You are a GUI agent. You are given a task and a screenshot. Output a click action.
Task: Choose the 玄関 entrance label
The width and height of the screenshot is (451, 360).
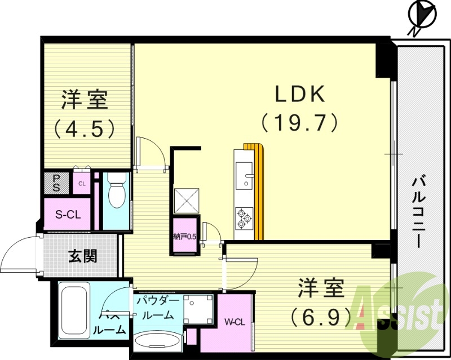click(x=83, y=256)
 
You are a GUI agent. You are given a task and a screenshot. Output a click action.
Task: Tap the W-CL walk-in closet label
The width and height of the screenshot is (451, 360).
click(x=235, y=322)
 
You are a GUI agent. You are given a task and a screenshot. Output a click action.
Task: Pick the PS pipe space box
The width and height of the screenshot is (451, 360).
click(x=56, y=183)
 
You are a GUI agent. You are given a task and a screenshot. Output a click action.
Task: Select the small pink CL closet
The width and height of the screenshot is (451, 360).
click(x=82, y=183)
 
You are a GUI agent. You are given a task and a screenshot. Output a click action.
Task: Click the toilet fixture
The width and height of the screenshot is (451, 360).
click(x=117, y=192)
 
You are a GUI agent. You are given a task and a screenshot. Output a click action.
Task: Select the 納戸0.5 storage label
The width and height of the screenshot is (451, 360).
click(x=184, y=237)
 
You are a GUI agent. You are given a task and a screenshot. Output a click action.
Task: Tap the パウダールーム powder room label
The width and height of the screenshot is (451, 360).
click(x=158, y=308)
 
